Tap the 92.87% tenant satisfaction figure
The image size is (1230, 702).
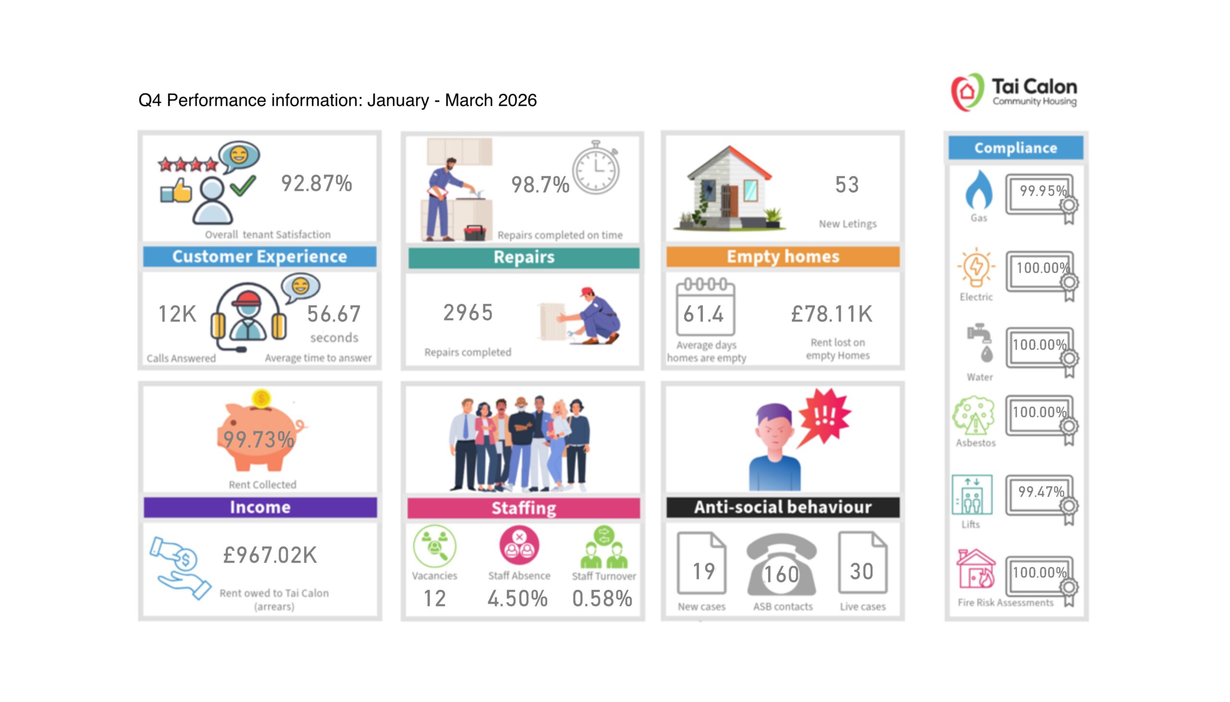point(317,184)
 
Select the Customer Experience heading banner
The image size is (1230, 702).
point(259,256)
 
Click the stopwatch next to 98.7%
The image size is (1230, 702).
point(596,169)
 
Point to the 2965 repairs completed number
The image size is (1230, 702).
point(468,313)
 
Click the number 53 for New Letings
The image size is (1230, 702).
point(847,185)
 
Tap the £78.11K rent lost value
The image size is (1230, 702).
point(832,314)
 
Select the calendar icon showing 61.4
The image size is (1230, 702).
point(705,309)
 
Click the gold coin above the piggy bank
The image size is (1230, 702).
point(261,399)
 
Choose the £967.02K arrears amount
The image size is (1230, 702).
point(270,555)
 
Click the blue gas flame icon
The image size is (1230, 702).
point(979,190)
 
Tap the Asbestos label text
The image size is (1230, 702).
point(975,443)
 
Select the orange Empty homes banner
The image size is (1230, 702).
point(782,256)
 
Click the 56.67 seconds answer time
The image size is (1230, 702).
point(334,314)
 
